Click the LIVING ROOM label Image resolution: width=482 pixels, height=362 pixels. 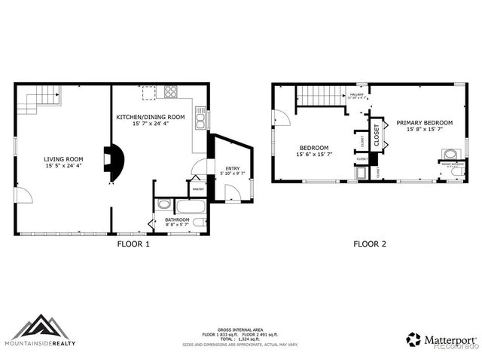[x=63, y=159]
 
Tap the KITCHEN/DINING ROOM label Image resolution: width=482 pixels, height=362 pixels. [x=150, y=118]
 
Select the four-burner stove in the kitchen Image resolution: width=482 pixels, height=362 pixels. [x=171, y=94]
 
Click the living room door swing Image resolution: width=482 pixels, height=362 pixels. [x=24, y=195]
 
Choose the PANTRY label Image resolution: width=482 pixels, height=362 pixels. [x=197, y=189]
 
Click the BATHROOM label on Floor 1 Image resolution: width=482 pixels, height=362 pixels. [x=178, y=219]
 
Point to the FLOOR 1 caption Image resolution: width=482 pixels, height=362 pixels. [x=133, y=244]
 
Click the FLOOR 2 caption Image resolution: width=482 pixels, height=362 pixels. [x=370, y=244]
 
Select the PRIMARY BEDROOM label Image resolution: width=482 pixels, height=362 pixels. [x=424, y=123]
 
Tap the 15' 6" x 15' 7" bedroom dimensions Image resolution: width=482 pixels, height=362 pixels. [x=314, y=155]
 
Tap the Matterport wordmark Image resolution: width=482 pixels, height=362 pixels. [x=450, y=339]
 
